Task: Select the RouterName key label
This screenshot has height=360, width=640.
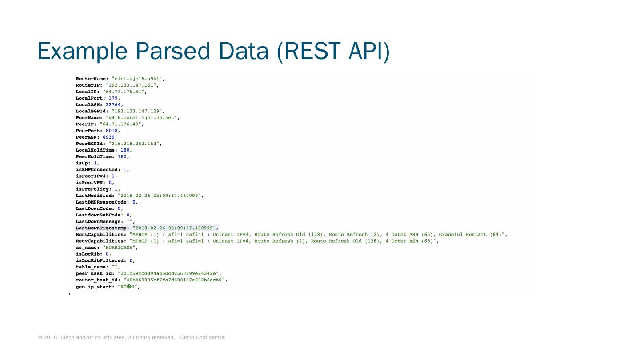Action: click(x=92, y=79)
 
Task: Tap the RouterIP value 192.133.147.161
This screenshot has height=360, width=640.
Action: click(x=132, y=85)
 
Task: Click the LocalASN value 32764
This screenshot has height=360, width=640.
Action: click(x=113, y=104)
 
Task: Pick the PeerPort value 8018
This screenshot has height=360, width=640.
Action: click(x=112, y=131)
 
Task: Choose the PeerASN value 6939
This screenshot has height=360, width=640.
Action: click(x=108, y=137)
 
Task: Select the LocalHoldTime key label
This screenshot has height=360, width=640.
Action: click(x=96, y=150)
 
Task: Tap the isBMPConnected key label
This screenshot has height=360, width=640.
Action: click(x=98, y=169)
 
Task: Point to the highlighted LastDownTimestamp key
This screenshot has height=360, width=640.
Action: click(x=102, y=228)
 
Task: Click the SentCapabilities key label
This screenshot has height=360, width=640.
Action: click(x=101, y=234)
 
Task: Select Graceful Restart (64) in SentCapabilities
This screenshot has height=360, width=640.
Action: click(x=471, y=234)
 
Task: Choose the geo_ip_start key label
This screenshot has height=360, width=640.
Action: click(x=95, y=287)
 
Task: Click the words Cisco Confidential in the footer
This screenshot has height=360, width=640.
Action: click(x=203, y=337)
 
